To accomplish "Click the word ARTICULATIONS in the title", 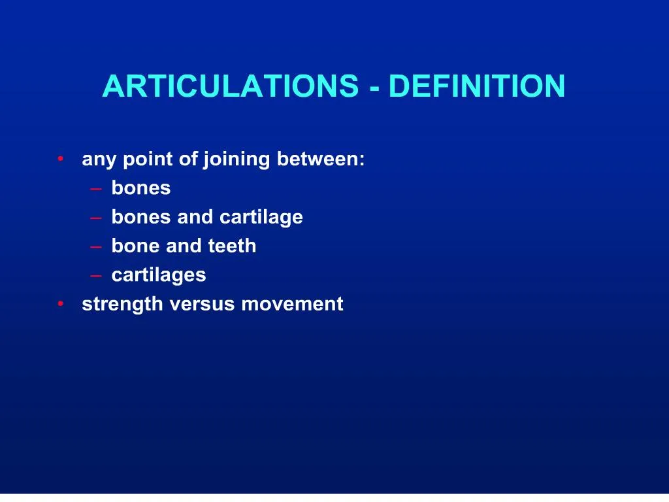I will point(230,86).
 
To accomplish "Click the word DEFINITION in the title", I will point(476,86).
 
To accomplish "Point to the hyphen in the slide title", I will point(374,88).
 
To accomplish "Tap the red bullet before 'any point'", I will point(60,159).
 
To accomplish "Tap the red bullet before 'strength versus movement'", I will point(60,304).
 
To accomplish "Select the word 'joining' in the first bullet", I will point(237,159).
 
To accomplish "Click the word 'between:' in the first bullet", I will point(321,159).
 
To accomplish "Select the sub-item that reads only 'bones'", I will point(141,188).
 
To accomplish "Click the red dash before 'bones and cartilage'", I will point(97,218).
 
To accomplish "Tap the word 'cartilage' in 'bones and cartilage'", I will point(261,217).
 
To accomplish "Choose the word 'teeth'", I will point(232,246).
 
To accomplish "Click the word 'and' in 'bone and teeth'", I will point(184,246).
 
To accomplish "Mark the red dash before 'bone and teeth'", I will point(97,246).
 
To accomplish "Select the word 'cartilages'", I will point(159,275).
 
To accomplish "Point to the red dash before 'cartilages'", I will point(97,276).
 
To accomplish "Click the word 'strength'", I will point(122,305).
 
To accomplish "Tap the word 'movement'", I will point(292,304).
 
